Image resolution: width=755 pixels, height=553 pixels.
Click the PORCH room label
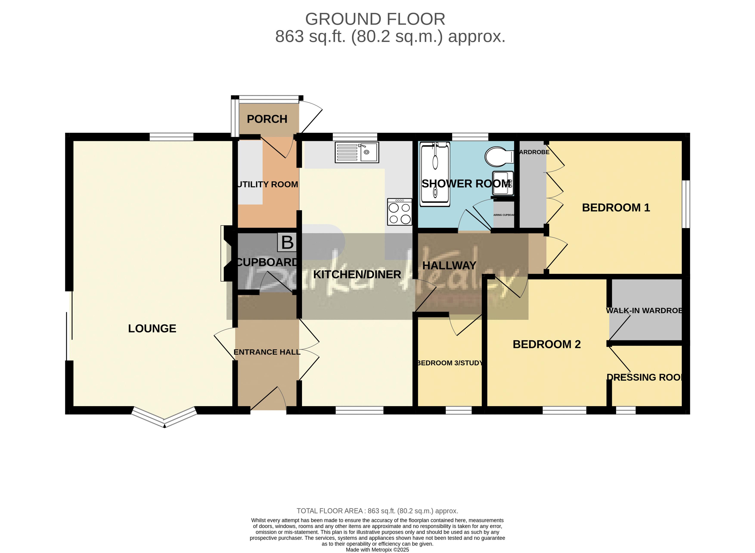(x=267, y=119)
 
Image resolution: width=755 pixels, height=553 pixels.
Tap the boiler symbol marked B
(x=287, y=243)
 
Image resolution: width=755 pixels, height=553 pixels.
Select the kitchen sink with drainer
(x=357, y=153)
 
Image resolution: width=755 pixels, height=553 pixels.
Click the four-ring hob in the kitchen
(x=399, y=212)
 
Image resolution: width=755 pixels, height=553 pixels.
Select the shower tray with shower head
(x=435, y=173)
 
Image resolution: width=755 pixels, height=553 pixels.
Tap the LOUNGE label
(x=152, y=328)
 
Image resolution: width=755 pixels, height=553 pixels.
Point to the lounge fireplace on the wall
(x=225, y=253)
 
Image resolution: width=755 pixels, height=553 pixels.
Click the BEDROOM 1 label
(x=616, y=208)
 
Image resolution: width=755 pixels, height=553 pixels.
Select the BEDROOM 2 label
(x=546, y=344)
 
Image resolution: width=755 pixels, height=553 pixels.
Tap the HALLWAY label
(x=449, y=265)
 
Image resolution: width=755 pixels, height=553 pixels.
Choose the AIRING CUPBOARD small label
(x=504, y=215)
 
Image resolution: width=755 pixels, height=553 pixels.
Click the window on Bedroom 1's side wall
(x=686, y=204)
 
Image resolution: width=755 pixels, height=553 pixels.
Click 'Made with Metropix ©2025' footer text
(x=377, y=549)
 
